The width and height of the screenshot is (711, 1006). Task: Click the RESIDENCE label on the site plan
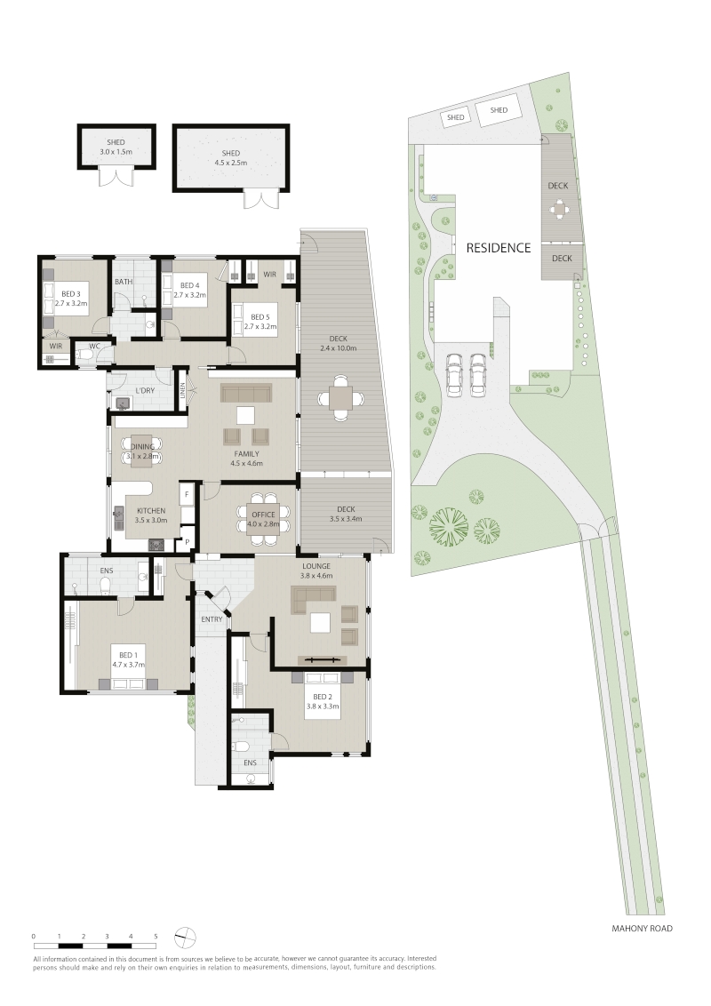coord(498,248)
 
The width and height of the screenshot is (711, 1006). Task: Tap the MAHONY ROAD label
coord(642,928)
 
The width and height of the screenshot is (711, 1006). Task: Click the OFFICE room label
coord(263,515)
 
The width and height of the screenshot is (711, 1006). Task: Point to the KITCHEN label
coord(151,511)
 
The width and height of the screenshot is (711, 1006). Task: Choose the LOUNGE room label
coord(317,566)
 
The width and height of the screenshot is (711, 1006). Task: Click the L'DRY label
coord(144,391)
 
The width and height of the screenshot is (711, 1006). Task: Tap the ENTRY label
coord(212,619)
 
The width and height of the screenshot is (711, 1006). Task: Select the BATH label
coord(124,282)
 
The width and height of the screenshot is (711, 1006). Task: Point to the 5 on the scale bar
coord(156,937)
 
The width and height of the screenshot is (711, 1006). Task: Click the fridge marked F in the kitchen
coord(187,495)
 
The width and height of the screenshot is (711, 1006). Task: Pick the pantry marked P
coord(188,542)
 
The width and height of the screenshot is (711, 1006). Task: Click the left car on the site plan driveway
coord(453,374)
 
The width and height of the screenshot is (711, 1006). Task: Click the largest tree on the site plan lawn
coord(449,525)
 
